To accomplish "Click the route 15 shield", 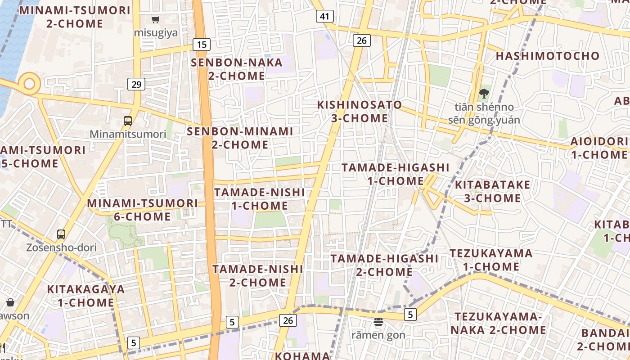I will point(202,44).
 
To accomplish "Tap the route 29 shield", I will point(136,84).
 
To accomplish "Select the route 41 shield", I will point(324,17).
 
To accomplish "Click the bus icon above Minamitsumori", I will point(128,121).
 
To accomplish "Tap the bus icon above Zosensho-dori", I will point(61,234).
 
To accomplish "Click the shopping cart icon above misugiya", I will point(156,20).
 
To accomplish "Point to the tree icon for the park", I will point(484,94).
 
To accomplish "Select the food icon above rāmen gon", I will point(378,322).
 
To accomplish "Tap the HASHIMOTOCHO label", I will point(548,56).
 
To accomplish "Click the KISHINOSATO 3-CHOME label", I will point(359,112).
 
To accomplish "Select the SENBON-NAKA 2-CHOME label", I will point(237,69).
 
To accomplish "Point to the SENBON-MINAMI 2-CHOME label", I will point(240,138).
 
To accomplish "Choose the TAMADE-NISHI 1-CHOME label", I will point(260,199).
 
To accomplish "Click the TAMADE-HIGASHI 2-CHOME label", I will point(384,265).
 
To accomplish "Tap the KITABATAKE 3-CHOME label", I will point(492,192).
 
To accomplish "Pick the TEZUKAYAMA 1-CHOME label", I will point(491,260).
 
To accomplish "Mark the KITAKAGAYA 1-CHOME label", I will point(85,296).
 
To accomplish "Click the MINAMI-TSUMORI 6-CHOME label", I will point(142,210).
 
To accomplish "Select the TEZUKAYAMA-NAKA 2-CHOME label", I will point(498,324).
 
